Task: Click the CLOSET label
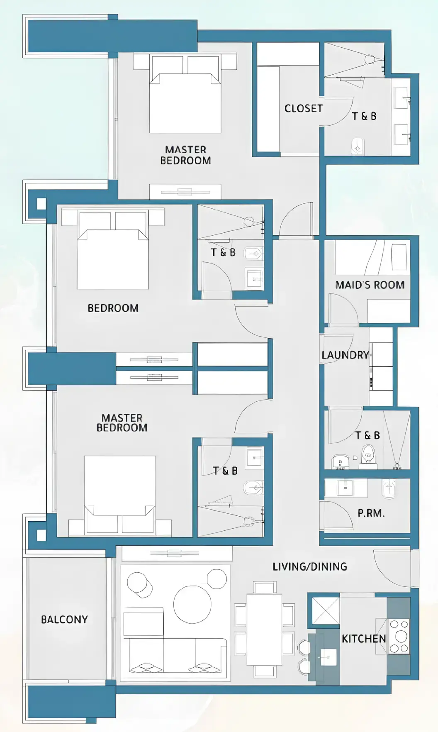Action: click(x=303, y=108)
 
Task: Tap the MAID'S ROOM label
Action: click(x=370, y=285)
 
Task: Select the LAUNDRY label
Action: click(x=345, y=355)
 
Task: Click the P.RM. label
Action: click(x=371, y=513)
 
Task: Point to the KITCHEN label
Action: click(x=364, y=639)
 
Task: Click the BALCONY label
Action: click(x=64, y=620)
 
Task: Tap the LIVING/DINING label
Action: click(x=309, y=566)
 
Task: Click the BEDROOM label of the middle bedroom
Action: click(x=113, y=308)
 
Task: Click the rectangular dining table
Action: click(x=264, y=629)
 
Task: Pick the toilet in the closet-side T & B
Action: click(x=358, y=146)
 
